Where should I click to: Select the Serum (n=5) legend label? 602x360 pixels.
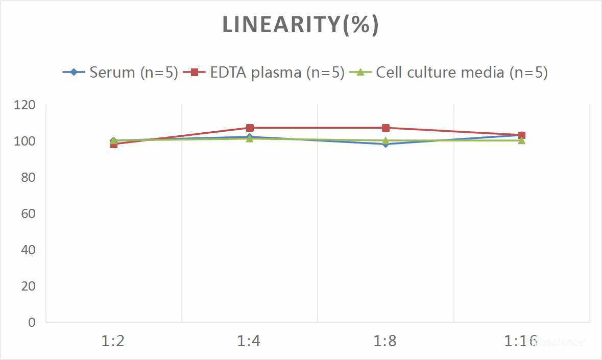(134, 73)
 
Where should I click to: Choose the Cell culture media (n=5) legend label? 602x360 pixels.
(462, 73)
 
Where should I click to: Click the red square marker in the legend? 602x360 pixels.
(194, 73)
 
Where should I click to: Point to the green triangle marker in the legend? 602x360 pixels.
(360, 73)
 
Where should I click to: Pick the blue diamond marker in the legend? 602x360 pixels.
(74, 73)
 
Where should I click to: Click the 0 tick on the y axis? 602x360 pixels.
(32, 322)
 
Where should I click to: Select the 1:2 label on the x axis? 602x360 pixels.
(113, 341)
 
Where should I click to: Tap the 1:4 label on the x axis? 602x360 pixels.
(249, 341)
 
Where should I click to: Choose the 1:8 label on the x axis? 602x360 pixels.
(386, 341)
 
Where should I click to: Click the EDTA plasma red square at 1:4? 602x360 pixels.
(250, 128)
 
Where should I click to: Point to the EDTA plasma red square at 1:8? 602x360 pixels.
(386, 128)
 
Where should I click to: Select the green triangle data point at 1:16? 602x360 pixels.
(522, 140)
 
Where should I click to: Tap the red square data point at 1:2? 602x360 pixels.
(113, 144)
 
